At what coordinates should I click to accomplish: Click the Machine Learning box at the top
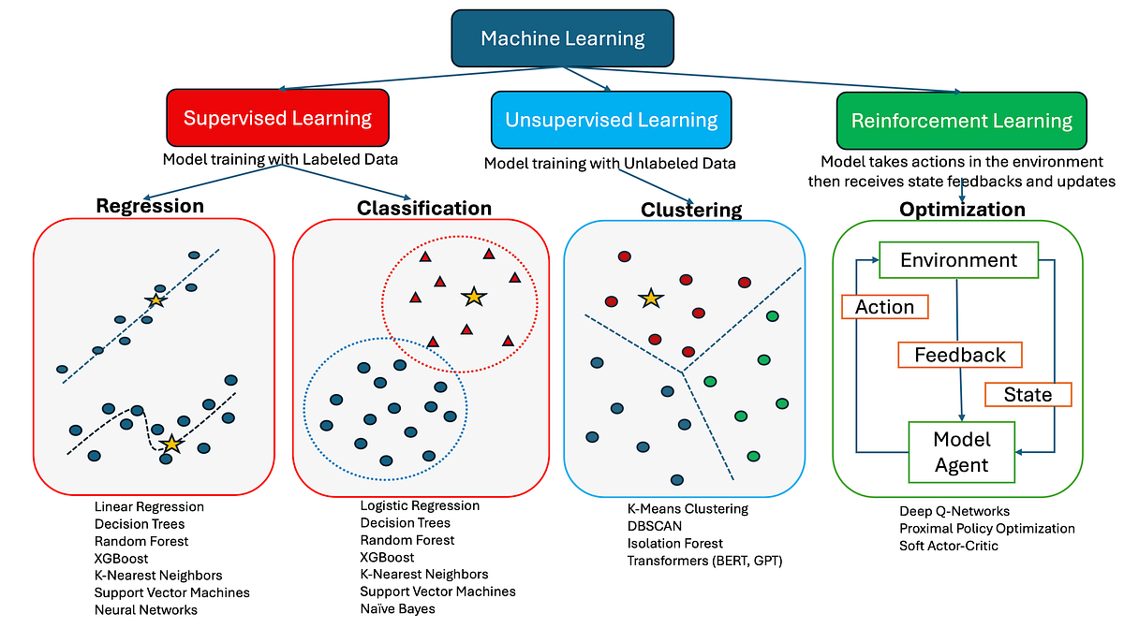pos(562,38)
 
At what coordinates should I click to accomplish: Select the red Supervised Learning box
pos(277,119)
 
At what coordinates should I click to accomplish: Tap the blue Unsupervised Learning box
pos(611,120)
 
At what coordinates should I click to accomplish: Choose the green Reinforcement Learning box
pos(961,120)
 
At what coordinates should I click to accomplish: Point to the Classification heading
pos(423,208)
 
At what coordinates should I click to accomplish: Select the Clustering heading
pos(691,210)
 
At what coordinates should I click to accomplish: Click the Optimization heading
pos(962,209)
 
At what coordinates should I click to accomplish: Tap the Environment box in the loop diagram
pos(958,260)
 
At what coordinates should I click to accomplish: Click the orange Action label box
pos(884,306)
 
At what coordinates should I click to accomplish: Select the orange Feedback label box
pos(959,355)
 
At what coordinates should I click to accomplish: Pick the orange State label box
pos(1028,394)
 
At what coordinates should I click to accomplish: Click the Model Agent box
pos(961,452)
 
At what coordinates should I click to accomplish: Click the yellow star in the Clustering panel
pos(649,299)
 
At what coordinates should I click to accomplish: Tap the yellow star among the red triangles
pos(474,297)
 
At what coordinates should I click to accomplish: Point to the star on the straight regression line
pos(155,300)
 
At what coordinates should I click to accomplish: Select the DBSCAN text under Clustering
pos(655,526)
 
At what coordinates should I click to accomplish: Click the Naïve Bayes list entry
pos(397,608)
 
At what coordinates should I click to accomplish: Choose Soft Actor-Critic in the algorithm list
pos(949,545)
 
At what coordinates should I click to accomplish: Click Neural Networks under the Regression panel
pos(145,609)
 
